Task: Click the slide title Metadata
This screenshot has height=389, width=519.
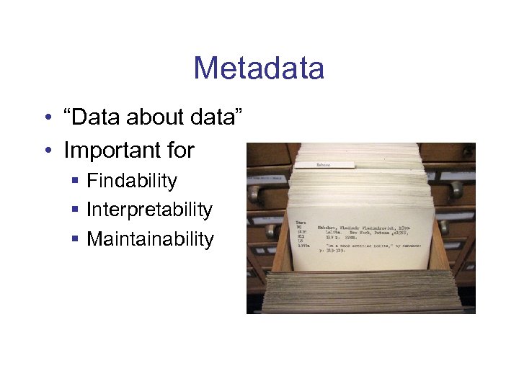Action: point(259,68)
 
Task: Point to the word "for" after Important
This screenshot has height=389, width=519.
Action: point(181,150)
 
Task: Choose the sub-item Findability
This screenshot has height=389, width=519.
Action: point(131,180)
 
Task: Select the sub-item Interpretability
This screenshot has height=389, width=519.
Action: point(149,210)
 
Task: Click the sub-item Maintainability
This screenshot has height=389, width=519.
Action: point(150,238)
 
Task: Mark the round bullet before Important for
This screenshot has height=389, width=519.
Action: point(47,151)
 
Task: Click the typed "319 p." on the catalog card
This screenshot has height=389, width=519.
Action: point(334,239)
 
